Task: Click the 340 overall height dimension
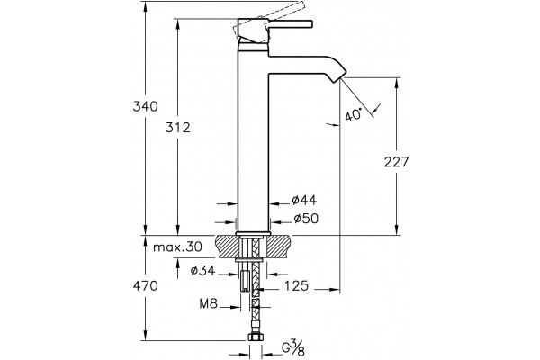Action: coord(145,106)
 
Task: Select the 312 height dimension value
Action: coord(177,128)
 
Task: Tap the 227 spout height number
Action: coord(396,162)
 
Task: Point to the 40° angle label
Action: coord(354,114)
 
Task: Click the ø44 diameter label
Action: coord(304,200)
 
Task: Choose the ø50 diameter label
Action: coord(306,219)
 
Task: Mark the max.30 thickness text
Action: coord(177,247)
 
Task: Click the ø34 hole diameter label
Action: coord(202,271)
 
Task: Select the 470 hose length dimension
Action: coord(145,285)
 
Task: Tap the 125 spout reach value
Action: coord(296,285)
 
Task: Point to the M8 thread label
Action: coord(209,303)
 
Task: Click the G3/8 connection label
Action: coord(293,347)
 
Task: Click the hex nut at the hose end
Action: coord(255,337)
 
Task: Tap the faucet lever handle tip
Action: coord(310,23)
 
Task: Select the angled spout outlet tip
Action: coord(339,76)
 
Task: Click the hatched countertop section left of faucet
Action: coord(227,247)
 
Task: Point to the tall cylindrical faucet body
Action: coord(253,138)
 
